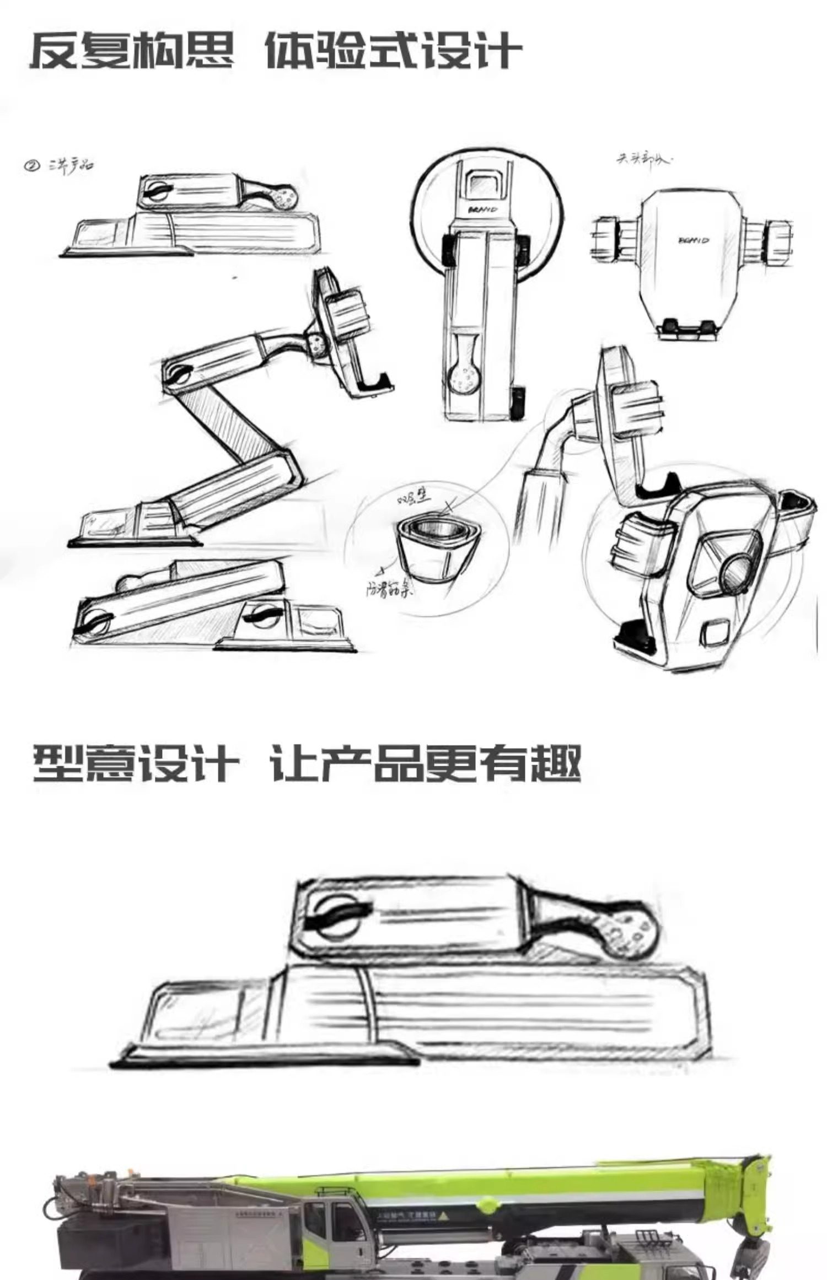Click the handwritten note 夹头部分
(643, 160)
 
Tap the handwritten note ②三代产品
(58, 165)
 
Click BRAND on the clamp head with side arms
(693, 240)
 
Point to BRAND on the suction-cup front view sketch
(483, 210)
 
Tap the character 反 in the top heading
(54, 51)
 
